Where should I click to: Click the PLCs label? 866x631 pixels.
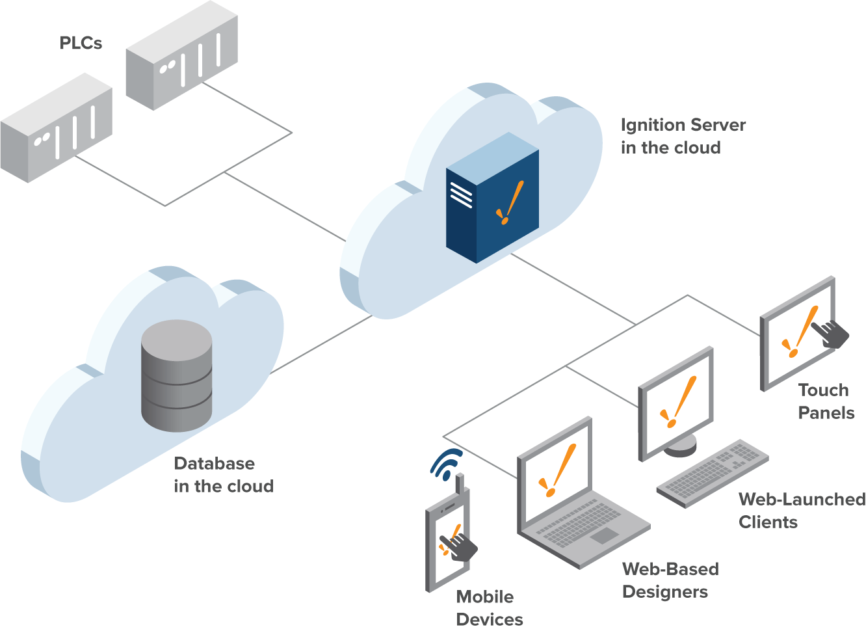(x=81, y=43)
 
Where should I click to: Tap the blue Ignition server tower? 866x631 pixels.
(x=492, y=198)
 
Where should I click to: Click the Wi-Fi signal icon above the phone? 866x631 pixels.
(x=446, y=464)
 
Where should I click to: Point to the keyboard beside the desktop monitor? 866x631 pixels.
(x=713, y=472)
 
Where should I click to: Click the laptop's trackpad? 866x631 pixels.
(x=605, y=535)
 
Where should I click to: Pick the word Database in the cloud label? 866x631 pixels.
(x=214, y=464)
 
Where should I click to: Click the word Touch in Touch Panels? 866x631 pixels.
(x=823, y=390)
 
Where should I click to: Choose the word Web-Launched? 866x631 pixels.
(x=802, y=500)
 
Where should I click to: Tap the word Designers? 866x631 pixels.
(x=664, y=592)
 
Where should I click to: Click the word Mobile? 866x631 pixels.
(x=484, y=597)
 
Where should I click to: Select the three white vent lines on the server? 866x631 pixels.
(x=461, y=195)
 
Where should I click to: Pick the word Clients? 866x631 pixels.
(x=768, y=522)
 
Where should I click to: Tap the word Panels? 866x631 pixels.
(x=826, y=413)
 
